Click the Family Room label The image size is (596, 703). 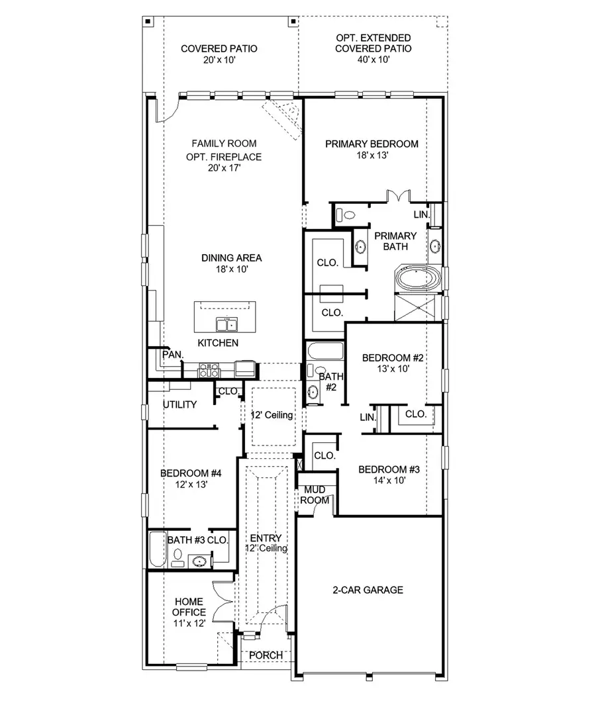(x=224, y=144)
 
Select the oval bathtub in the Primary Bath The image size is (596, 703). (x=417, y=278)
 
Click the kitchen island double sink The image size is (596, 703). (x=226, y=324)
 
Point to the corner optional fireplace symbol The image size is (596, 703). (x=283, y=118)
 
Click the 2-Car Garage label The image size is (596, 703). (x=368, y=590)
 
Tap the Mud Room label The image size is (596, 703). (x=315, y=495)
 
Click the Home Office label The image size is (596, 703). (x=189, y=607)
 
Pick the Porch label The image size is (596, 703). (x=266, y=655)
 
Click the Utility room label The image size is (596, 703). (x=180, y=404)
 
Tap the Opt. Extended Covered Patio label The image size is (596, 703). (x=373, y=44)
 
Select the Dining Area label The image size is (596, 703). (x=231, y=258)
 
